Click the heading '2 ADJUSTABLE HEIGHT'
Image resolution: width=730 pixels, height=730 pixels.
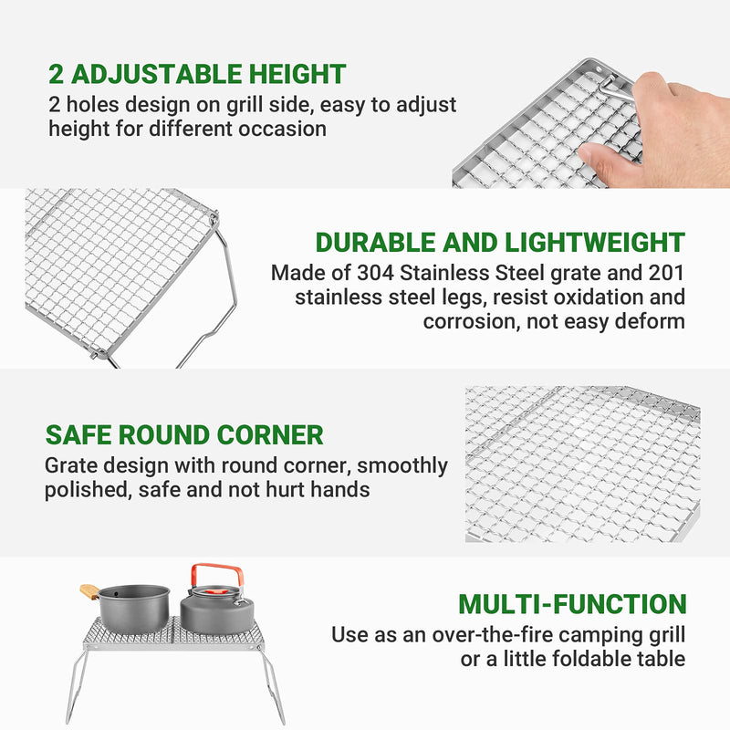(197, 74)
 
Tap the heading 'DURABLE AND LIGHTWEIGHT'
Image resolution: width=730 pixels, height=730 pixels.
(500, 242)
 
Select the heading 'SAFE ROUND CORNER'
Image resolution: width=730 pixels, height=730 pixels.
(183, 434)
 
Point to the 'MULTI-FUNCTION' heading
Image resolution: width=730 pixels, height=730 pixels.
(572, 604)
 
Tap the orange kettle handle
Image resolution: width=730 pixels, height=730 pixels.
(217, 571)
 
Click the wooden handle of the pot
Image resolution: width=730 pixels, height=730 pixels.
(89, 591)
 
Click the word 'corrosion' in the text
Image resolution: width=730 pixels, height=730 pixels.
(465, 321)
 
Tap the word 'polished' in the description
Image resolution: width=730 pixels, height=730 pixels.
(87, 489)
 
